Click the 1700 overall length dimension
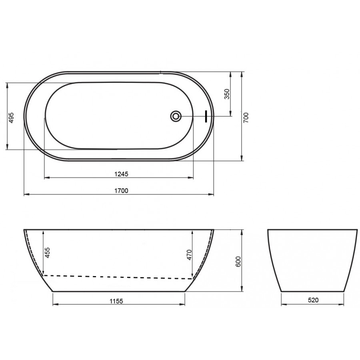coord(121,191)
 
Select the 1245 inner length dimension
coord(121,174)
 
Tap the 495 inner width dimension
coord(11,118)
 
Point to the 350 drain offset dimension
coord(227,94)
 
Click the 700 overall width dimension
coord(246,117)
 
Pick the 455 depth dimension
coord(47,252)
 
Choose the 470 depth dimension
coord(189,255)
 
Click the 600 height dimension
coord(238,262)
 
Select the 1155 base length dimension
coord(116,301)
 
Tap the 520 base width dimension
coord(313,300)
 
